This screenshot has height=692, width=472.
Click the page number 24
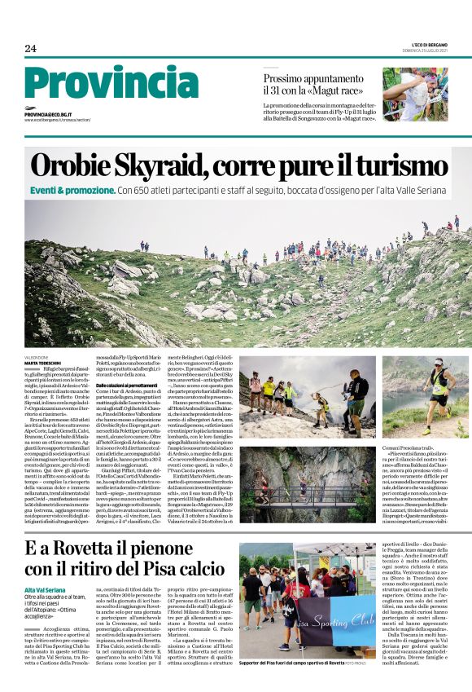pyautogui.click(x=31, y=49)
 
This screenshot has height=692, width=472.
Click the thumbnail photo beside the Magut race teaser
pyautogui.click(x=415, y=94)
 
